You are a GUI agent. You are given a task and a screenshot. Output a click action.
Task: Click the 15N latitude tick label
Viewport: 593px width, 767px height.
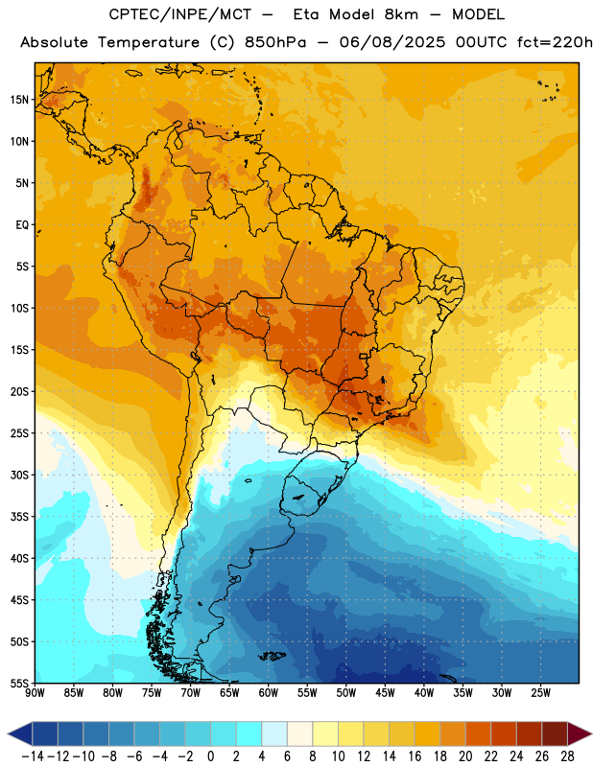click(x=19, y=100)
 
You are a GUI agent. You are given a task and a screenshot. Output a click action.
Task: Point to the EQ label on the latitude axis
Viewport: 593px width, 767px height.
click(x=22, y=225)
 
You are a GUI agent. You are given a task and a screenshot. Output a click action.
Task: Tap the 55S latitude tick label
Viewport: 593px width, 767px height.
click(x=19, y=683)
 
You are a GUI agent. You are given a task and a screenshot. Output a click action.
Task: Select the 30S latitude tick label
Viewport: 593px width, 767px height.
click(x=19, y=475)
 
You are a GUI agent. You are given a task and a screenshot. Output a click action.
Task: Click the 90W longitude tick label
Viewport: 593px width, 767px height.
click(x=35, y=693)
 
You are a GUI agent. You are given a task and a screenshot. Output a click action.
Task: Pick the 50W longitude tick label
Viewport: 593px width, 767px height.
click(x=345, y=693)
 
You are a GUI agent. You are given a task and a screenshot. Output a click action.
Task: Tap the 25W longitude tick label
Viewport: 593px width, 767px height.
click(x=540, y=693)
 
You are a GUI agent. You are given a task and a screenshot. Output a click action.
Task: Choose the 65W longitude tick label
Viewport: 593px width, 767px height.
click(x=229, y=693)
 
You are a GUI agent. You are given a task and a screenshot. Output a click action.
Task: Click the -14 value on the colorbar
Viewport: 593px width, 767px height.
click(x=33, y=756)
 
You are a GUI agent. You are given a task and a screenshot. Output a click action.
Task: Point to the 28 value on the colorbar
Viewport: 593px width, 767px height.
click(x=567, y=756)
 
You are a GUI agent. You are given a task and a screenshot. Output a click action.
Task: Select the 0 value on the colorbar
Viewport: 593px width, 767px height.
click(x=210, y=756)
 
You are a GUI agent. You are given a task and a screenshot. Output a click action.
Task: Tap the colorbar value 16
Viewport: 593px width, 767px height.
click(x=415, y=756)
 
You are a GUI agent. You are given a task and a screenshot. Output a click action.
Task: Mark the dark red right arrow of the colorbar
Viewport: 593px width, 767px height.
click(x=580, y=733)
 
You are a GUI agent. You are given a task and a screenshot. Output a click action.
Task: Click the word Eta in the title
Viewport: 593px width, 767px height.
click(x=306, y=14)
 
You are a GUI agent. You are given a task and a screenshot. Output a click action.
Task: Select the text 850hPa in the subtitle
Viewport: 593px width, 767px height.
click(x=275, y=42)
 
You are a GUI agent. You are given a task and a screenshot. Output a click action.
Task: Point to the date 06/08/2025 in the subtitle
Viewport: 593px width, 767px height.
click(x=392, y=42)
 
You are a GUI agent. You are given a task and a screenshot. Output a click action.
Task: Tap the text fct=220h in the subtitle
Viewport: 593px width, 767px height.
click(x=555, y=42)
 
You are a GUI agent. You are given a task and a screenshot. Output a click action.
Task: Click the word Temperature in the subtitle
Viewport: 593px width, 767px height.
click(x=149, y=43)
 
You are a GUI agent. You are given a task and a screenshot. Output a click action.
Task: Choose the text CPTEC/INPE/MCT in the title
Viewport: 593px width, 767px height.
click(x=180, y=14)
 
